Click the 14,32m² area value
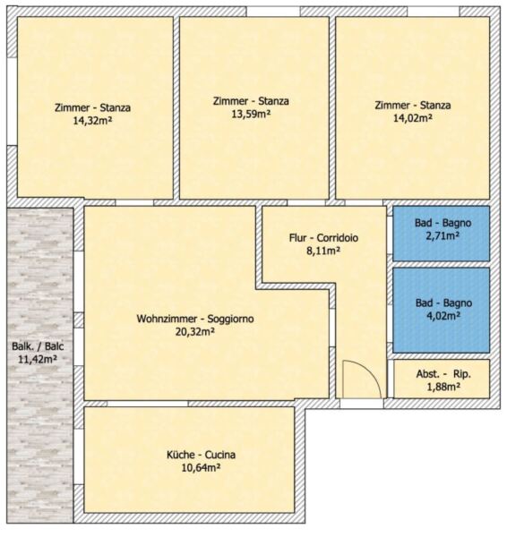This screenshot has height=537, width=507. tap(92, 121)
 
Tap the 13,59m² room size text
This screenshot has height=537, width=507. tap(251, 114)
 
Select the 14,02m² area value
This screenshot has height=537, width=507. tap(412, 118)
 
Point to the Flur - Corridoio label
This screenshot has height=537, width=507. tap(323, 238)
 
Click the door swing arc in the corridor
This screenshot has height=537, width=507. tap(372, 371)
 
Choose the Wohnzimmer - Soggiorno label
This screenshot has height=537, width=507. tap(195, 319)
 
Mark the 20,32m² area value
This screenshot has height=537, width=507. tap(195, 331)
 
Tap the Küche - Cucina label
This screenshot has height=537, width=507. tap(201, 455)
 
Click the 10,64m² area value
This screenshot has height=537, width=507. tap(201, 467)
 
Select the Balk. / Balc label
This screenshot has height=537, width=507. tap(38, 346)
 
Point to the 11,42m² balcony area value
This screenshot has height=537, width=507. tap(38, 359)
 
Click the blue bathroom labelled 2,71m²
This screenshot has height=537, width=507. tap(442, 234)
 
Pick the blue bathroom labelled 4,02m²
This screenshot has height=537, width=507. tap(442, 311)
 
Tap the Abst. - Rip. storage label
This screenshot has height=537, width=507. tap(443, 374)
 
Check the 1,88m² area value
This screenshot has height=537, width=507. tap(443, 387)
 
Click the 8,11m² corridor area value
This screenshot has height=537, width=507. tap(323, 251)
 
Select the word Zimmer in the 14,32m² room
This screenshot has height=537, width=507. tap(72, 107)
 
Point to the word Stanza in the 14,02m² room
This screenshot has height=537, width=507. tap(435, 105)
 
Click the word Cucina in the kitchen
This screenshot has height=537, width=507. tap(220, 455)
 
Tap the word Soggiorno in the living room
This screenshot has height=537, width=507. tap(231, 319)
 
